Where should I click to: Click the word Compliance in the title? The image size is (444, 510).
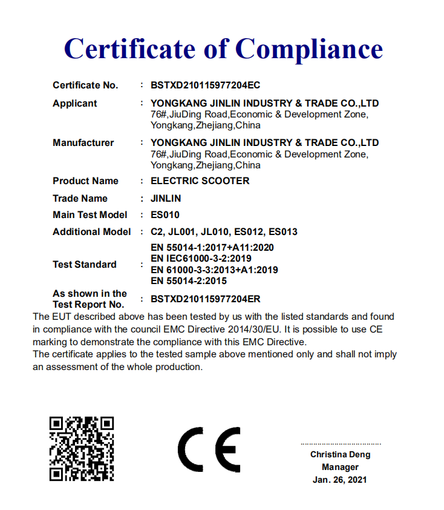tap(309, 48)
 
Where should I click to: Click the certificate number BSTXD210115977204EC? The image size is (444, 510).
tap(205, 85)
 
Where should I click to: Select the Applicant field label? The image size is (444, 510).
tap(74, 104)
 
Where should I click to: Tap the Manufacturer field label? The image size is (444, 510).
tap(83, 143)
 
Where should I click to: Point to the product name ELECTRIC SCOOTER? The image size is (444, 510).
tap(200, 181)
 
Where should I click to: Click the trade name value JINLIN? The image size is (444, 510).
tap(165, 199)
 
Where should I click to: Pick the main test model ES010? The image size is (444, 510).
tap(165, 215)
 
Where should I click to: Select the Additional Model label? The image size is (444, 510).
tap(91, 232)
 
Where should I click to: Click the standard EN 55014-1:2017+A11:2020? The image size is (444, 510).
tap(212, 248)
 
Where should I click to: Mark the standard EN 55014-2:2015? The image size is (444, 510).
tap(189, 281)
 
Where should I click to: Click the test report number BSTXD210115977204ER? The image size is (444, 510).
tap(206, 299)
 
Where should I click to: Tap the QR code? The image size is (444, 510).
tap(81, 449)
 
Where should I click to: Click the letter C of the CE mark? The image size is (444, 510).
tap(191, 449)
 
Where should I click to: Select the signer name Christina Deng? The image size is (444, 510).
tap(340, 455)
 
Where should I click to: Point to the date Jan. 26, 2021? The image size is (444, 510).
tap(340, 480)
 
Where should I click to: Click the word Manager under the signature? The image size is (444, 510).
tap(340, 468)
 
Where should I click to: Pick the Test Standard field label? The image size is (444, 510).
tap(84, 265)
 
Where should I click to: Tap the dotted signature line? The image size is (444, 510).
tap(341, 444)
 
